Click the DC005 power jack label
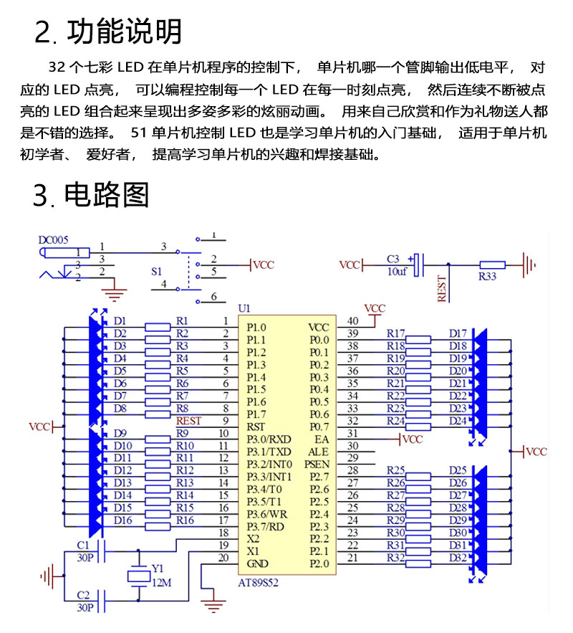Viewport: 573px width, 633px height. coord(53,240)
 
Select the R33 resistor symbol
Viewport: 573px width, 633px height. coord(492,265)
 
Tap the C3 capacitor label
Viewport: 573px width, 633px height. coord(393,259)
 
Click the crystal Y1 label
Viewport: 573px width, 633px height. coord(158,568)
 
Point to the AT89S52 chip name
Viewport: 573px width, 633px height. coord(258,583)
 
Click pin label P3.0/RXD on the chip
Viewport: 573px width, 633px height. coord(269,439)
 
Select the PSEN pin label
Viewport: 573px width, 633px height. coord(317,465)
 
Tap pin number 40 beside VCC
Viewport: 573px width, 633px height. coord(353,320)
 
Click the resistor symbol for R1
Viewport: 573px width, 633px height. coord(158,327)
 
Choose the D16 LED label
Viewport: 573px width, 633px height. coord(122,520)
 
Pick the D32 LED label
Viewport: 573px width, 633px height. coord(458,558)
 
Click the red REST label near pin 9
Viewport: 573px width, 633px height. coord(188,421)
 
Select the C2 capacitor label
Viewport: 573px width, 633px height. coord(83,595)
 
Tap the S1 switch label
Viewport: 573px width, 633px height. coord(156,271)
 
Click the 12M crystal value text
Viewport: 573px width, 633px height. coord(162,583)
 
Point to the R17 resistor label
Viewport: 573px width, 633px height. coord(395,333)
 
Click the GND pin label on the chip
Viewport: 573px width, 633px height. coord(257,563)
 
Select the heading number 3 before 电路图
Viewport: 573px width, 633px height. coord(40,195)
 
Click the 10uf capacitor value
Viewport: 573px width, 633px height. coord(397,271)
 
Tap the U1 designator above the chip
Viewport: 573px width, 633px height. coord(244,308)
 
